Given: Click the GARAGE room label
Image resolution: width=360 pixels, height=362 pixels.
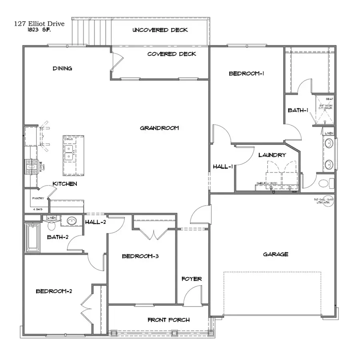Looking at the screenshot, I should point(276,254).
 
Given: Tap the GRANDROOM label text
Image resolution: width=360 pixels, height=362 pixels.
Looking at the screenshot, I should point(159,128).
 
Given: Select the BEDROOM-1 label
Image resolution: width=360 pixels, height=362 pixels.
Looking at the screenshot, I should point(247,73).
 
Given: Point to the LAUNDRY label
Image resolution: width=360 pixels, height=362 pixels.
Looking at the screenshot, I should point(272,155).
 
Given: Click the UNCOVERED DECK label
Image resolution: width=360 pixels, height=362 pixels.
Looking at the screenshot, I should point(160,30).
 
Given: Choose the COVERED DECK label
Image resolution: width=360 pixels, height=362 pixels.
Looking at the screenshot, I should point(172,54).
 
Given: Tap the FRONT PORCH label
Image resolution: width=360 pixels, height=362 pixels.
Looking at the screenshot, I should point(168,320).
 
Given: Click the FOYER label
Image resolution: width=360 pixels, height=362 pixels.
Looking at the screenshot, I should point(192,279).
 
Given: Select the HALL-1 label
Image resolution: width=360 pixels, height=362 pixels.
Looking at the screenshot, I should point(222,167).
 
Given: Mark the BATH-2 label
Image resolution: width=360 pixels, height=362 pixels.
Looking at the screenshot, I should point(58,237).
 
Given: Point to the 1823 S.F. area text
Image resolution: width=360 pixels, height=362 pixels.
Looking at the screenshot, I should point(40,29).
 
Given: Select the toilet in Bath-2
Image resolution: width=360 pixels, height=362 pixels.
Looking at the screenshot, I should point(52,225).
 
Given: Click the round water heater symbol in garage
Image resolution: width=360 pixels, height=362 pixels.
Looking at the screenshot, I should point(324,201).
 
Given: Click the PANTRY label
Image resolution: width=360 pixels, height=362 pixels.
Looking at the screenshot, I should point(38,198).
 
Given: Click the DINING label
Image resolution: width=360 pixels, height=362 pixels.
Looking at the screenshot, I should point(62,68).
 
